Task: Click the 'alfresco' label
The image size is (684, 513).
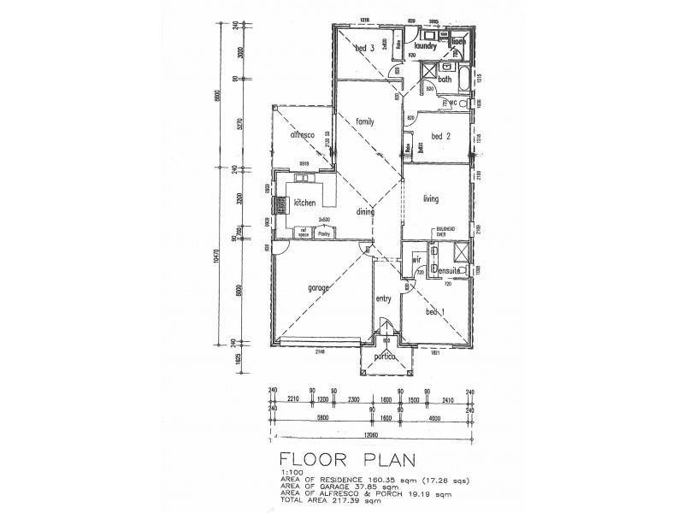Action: [304, 135]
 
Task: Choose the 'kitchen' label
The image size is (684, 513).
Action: [305, 203]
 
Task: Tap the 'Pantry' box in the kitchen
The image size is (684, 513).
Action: [324, 231]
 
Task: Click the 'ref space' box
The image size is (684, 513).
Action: [304, 231]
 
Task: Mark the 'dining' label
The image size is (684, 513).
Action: [366, 213]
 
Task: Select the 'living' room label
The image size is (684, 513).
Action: [430, 198]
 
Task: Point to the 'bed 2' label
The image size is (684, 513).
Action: [441, 136]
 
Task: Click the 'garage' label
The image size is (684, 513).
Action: [319, 288]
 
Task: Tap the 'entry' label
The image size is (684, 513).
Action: [384, 298]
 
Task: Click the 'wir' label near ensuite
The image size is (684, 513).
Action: [417, 258]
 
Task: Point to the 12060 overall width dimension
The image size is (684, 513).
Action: [369, 433]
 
